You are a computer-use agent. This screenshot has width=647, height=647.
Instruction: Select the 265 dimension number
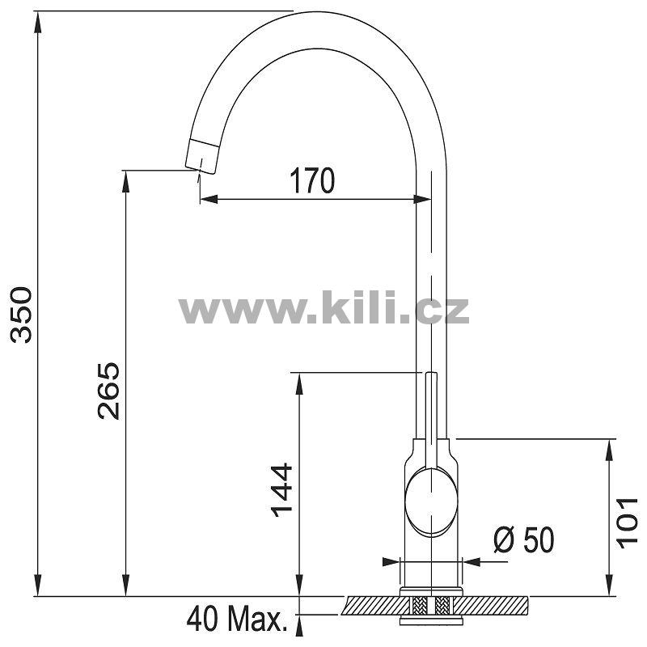[109, 391]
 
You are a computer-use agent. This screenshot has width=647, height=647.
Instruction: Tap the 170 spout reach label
[312, 180]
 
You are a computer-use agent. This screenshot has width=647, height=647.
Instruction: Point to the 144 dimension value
[281, 490]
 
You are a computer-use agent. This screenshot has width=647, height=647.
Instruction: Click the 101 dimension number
[627, 523]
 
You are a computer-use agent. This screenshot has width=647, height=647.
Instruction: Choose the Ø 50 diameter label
[524, 540]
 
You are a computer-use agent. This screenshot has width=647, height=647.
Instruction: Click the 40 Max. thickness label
[237, 619]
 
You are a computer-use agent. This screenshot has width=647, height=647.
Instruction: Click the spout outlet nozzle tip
[201, 156]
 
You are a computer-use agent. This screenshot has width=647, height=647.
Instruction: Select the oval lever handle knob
[431, 501]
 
